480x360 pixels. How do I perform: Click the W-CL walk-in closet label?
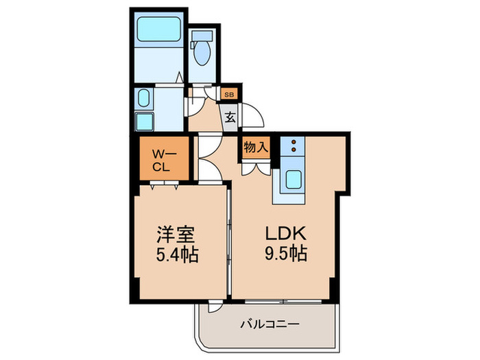tap(161, 159)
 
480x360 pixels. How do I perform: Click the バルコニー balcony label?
tap(271, 324)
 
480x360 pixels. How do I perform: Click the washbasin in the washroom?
tap(143, 98)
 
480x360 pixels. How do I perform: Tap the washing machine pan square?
tap(145, 122)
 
